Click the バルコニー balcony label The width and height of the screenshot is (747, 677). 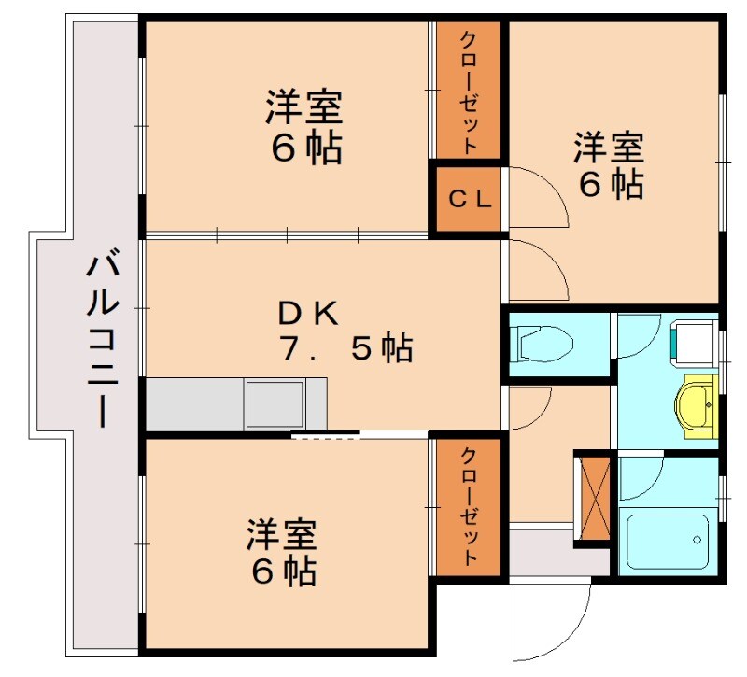[x=102, y=341]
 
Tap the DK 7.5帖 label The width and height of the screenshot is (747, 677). [x=345, y=331]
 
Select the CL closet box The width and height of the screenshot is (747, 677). [x=467, y=199]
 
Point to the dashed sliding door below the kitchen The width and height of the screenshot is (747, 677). [x=325, y=435]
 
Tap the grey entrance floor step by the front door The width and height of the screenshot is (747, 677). [x=542, y=555]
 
